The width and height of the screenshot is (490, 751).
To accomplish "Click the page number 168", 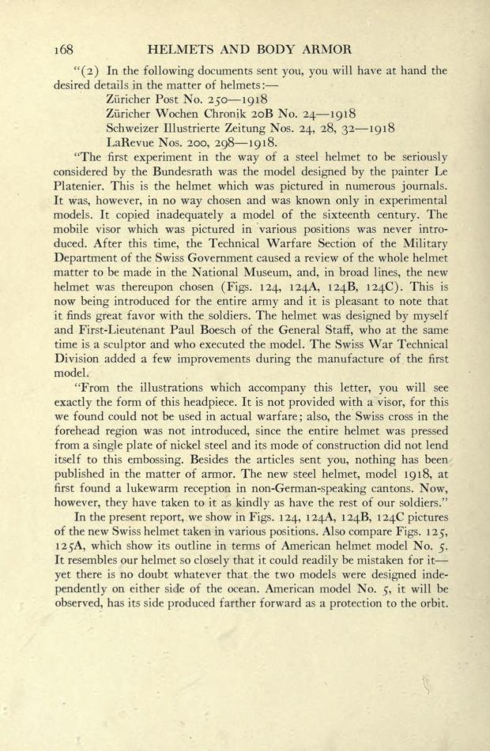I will [x=66, y=49].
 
